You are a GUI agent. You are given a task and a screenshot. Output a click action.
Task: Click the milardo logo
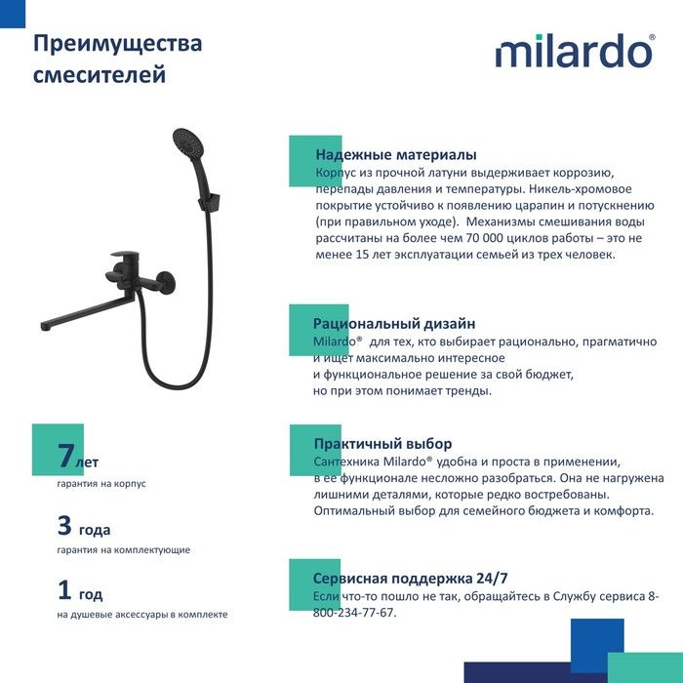(575, 51)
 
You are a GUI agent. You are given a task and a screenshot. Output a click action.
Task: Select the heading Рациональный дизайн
(394, 324)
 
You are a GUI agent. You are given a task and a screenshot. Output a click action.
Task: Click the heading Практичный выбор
(382, 444)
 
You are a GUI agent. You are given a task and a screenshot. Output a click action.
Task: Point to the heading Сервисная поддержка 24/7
(411, 579)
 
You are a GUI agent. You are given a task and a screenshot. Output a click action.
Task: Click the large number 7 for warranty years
(65, 456)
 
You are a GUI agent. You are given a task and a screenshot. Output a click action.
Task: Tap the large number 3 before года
(64, 525)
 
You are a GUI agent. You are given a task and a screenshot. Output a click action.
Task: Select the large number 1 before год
(64, 589)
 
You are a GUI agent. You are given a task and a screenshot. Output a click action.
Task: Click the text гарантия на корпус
(101, 484)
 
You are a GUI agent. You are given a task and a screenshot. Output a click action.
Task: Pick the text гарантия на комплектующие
(124, 549)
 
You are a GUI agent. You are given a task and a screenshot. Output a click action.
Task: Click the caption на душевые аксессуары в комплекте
(142, 615)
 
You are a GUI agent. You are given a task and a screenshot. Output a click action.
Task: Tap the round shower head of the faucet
(188, 144)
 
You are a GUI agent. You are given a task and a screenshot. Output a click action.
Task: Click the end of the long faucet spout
(44, 326)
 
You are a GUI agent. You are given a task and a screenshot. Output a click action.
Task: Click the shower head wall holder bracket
(209, 202)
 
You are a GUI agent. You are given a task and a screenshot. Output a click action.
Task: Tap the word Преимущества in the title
(118, 44)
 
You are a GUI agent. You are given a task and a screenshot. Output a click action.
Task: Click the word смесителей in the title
(100, 74)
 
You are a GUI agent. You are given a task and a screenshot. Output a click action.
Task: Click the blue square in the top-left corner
(13, 14)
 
